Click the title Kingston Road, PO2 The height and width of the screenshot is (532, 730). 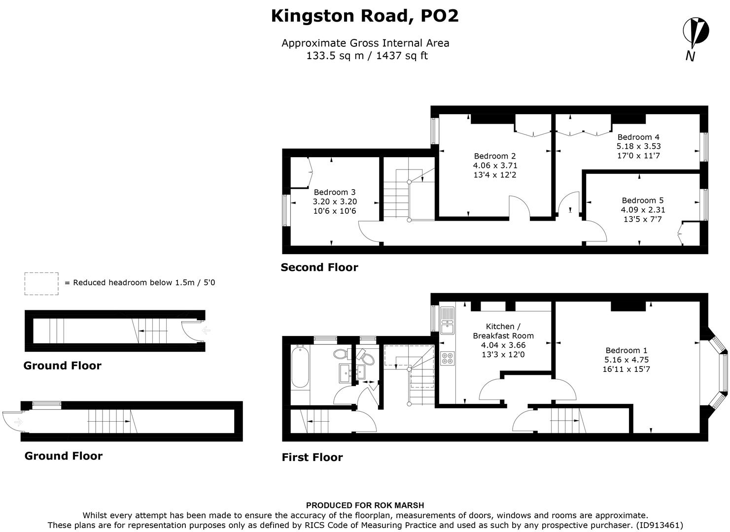pyautogui.click(x=365, y=16)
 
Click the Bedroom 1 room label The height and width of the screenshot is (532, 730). pyautogui.click(x=626, y=360)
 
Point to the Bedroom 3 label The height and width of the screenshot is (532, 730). pyautogui.click(x=335, y=201)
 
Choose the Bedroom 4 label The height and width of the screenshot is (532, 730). pyautogui.click(x=638, y=146)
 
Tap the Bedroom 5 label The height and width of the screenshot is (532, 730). pyautogui.click(x=643, y=209)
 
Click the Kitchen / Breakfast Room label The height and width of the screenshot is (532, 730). pyautogui.click(x=503, y=340)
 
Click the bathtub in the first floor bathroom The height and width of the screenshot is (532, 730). pyautogui.click(x=300, y=366)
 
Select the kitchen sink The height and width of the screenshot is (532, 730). pyautogui.click(x=448, y=320)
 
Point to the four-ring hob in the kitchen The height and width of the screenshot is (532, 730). pyautogui.click(x=448, y=358)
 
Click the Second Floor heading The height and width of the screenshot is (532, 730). pyautogui.click(x=319, y=267)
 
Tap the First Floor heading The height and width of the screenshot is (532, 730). pyautogui.click(x=312, y=457)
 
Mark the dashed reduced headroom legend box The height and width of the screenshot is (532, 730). pyautogui.click(x=41, y=284)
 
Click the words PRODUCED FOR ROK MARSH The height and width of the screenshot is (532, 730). pyautogui.click(x=365, y=505)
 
